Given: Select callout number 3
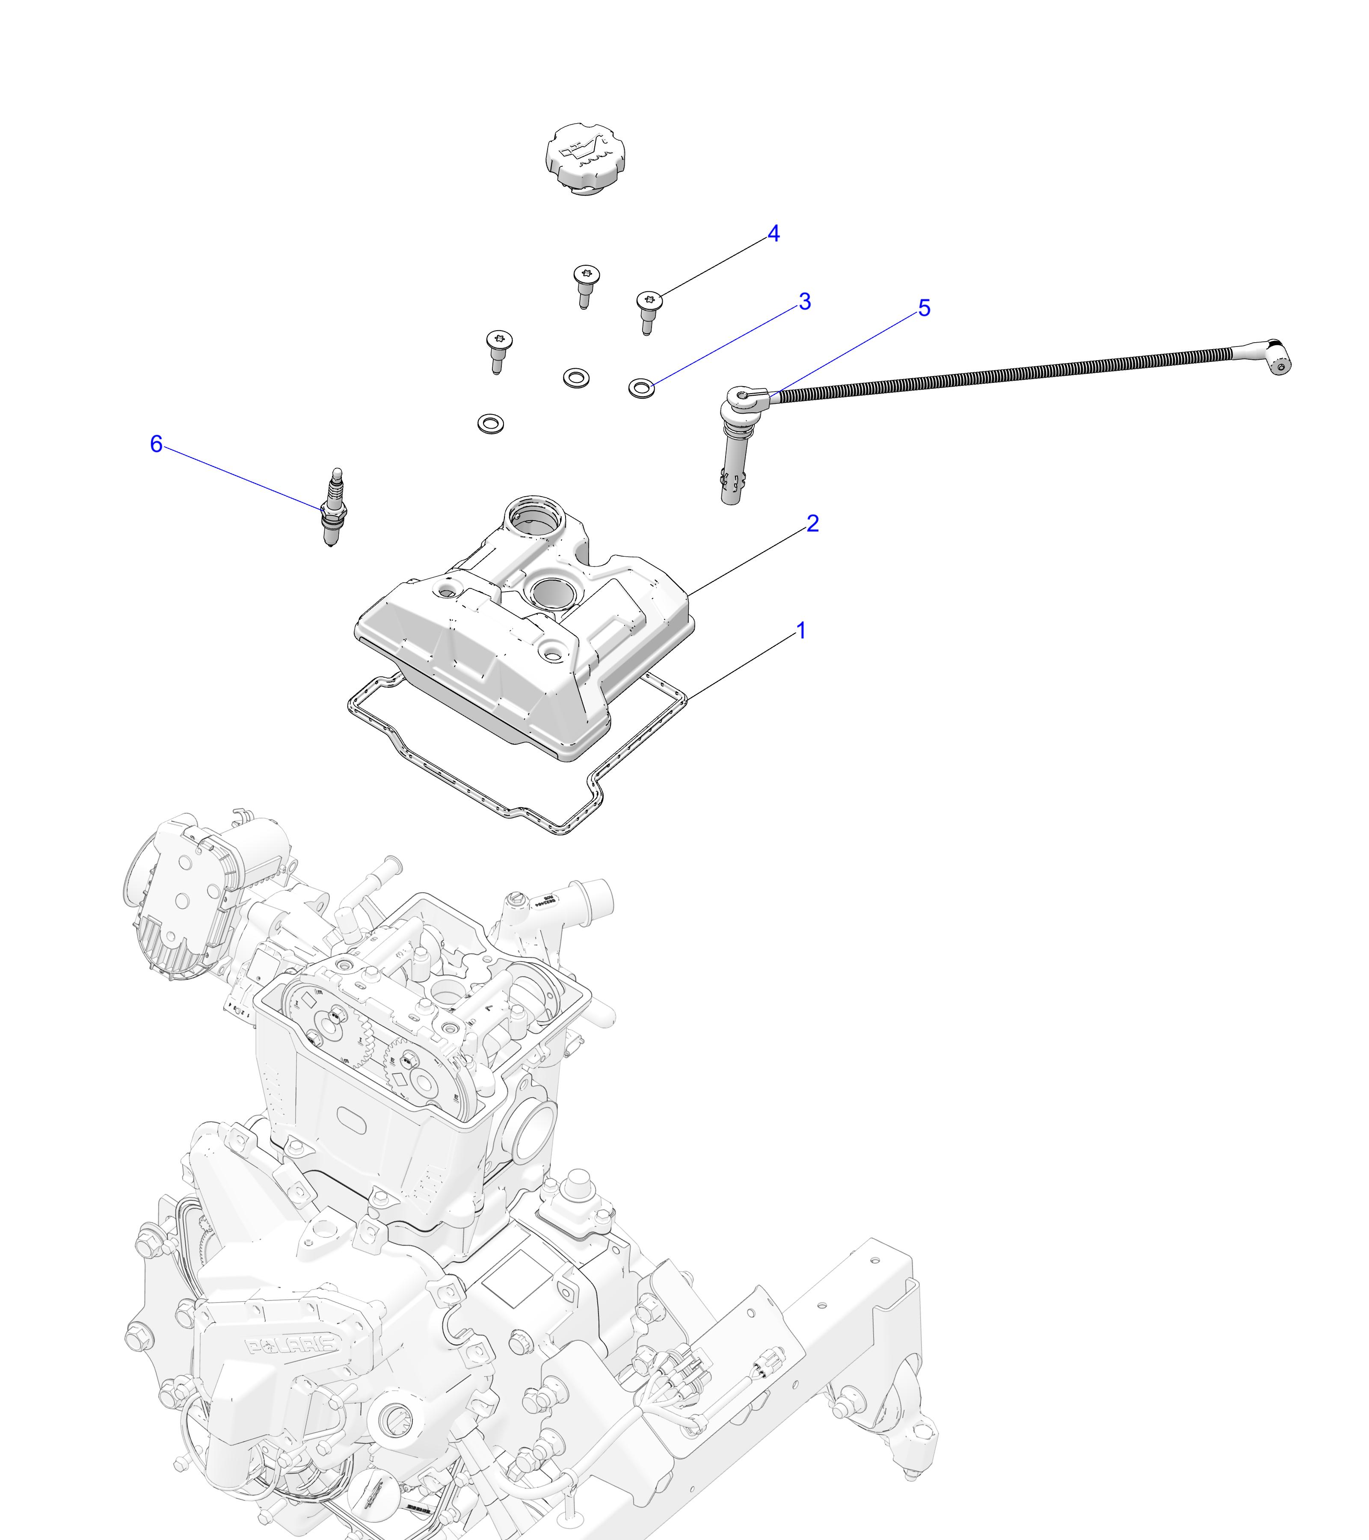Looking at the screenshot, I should [805, 302].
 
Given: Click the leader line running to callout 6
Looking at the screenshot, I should [241, 476].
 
